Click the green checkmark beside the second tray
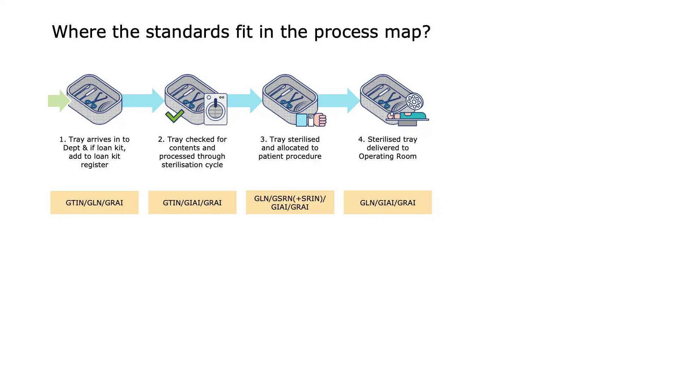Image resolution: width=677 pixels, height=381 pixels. point(175,116)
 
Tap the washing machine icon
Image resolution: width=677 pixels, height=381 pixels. point(215,109)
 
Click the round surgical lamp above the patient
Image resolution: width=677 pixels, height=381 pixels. point(414,102)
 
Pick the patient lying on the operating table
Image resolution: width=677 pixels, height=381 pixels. point(407,116)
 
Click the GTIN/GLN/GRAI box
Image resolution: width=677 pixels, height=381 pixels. point(94,202)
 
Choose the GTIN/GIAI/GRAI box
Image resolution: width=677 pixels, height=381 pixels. point(192,202)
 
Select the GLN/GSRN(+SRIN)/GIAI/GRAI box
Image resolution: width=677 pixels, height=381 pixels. point(290,202)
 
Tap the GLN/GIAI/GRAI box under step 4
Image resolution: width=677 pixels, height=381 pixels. point(388,202)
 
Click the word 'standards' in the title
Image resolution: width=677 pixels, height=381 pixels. point(188,32)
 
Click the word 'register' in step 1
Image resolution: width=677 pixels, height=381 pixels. point(94,165)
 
